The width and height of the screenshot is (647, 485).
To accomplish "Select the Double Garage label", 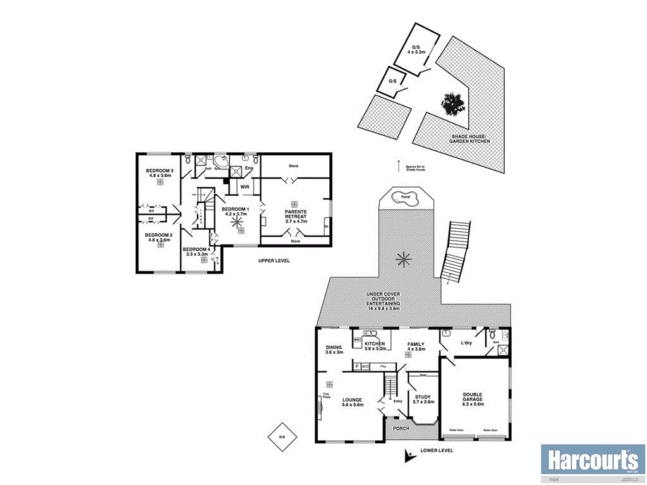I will coord(473,400).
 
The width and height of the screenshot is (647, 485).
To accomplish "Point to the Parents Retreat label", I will coord(296,215).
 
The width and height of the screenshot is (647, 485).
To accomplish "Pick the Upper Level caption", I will coord(274,261).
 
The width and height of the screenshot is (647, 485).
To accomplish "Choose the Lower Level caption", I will coord(437,451).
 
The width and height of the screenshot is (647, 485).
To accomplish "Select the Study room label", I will coord(424,399).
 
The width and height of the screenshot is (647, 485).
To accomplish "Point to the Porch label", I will coord(401,429).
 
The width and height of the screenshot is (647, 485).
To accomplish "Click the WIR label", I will coord(243,188).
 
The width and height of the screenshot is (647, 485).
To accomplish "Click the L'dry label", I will coord(467,342).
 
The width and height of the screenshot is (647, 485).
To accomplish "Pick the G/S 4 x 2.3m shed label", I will coord(416,50).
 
